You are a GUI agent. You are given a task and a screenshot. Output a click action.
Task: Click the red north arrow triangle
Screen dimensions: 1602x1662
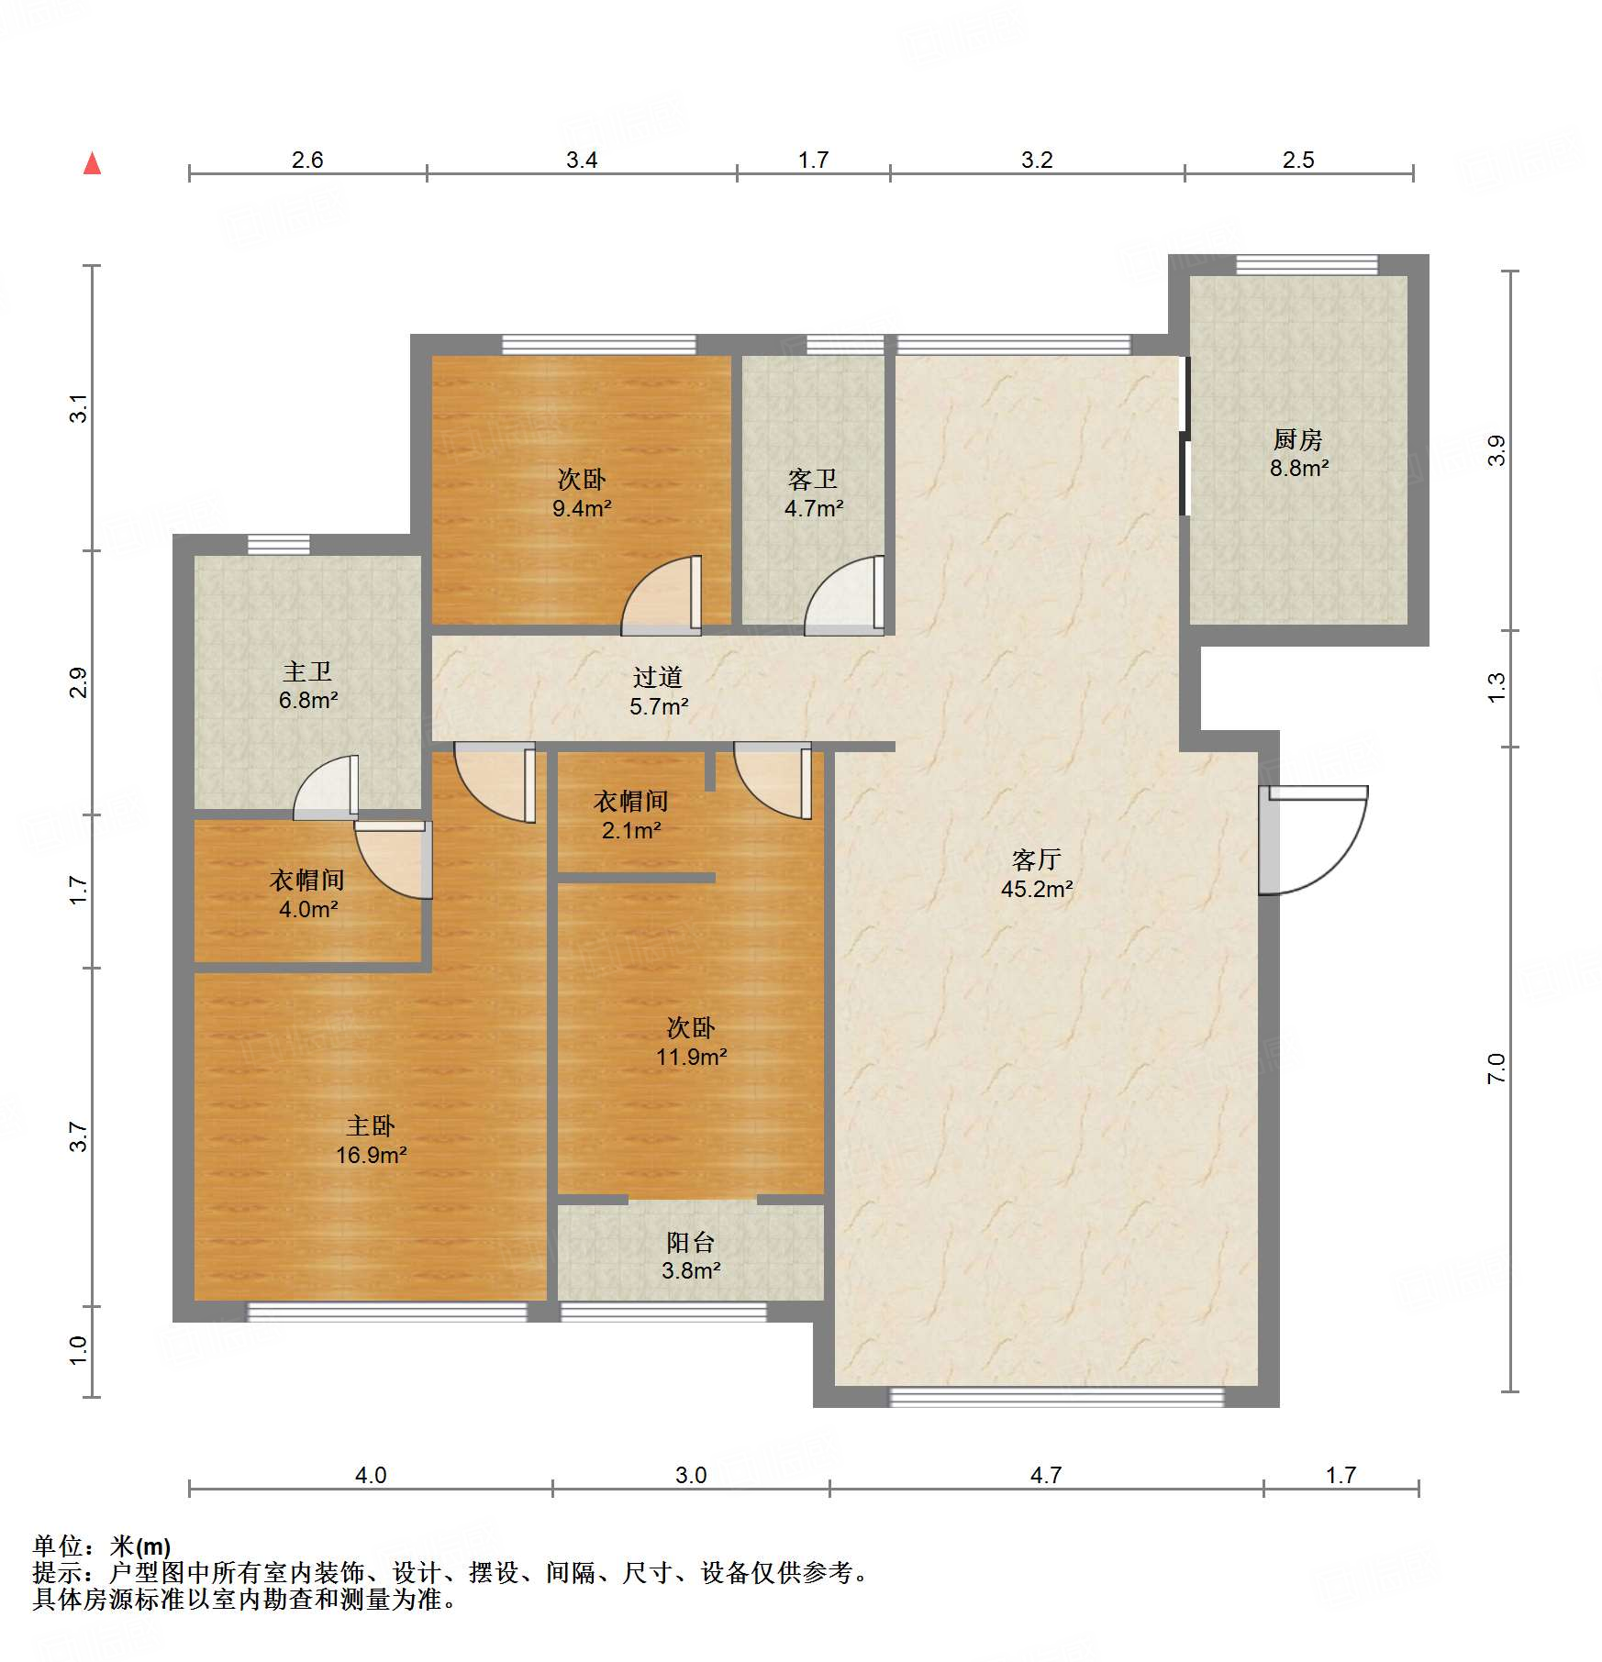point(92,163)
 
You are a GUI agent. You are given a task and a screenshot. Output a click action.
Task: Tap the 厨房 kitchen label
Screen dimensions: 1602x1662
point(1298,439)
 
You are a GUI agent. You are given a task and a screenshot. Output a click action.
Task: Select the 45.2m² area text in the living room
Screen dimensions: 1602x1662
point(1037,889)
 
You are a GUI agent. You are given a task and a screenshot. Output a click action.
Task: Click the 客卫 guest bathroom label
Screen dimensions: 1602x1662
point(813,479)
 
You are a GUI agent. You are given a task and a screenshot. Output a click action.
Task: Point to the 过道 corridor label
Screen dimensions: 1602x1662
point(658,677)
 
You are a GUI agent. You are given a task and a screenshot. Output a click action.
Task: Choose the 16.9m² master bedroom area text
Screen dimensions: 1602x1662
point(371,1155)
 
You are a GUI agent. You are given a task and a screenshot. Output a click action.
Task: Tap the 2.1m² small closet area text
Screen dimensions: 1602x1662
point(631,830)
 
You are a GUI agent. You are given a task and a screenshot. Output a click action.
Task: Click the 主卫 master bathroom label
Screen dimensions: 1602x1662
point(307,671)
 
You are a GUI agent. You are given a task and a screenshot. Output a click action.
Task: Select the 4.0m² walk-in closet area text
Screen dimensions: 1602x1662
point(308,909)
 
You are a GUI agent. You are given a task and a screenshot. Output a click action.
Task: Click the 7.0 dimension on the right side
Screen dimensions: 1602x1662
point(1496,1069)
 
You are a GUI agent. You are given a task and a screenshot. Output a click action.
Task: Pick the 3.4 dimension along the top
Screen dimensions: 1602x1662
point(582,160)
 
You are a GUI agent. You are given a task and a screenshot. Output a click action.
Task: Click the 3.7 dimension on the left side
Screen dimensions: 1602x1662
point(79,1137)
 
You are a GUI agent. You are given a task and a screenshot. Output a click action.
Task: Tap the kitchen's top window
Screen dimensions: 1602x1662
point(1307,265)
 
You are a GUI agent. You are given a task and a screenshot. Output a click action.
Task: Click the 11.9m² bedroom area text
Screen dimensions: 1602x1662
point(691,1057)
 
